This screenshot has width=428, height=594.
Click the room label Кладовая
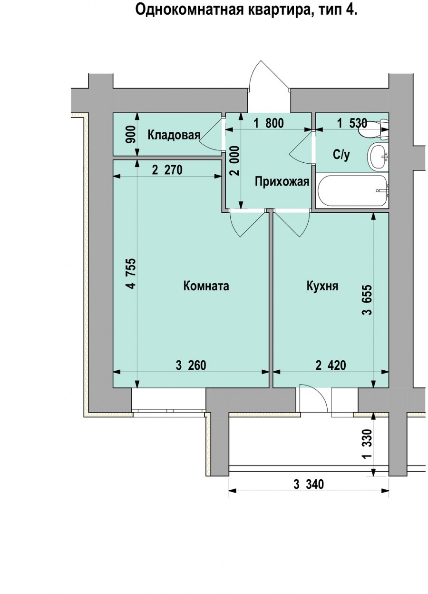point(174,135)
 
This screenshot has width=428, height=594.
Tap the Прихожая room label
point(282,181)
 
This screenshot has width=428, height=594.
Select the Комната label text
point(206,286)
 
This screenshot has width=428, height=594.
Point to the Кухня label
point(322,286)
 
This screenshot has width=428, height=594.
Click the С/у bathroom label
point(341,155)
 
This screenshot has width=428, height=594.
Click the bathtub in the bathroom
point(352,191)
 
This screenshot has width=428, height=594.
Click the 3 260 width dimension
point(191,366)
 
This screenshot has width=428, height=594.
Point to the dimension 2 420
point(331,366)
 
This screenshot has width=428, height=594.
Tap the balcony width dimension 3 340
point(308,485)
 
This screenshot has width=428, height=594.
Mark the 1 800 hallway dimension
point(268,124)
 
